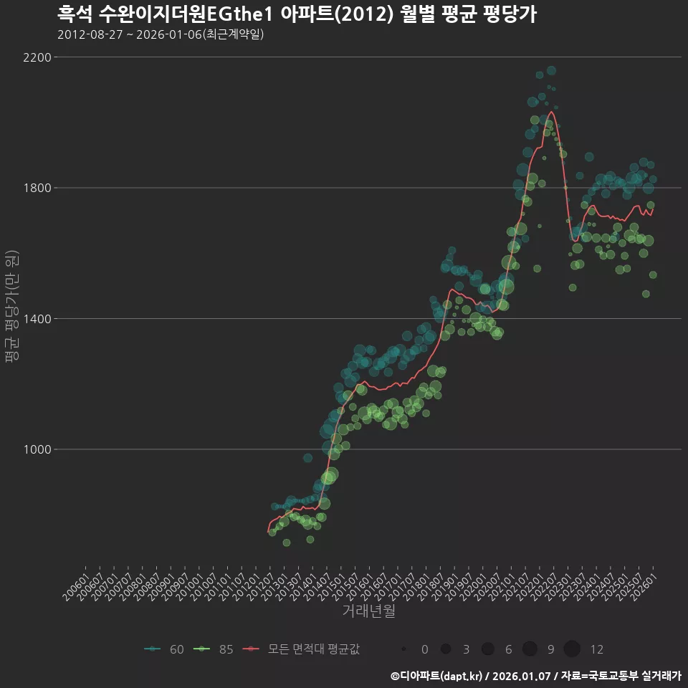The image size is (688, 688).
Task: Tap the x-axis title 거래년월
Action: click(368, 611)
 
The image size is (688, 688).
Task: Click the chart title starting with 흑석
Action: click(297, 14)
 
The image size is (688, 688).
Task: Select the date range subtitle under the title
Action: click(161, 34)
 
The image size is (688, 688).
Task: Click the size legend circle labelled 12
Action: click(572, 649)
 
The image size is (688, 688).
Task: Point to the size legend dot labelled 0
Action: click(404, 649)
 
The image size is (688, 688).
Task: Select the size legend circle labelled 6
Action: click(488, 649)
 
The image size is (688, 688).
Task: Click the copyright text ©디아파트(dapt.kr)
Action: click(435, 676)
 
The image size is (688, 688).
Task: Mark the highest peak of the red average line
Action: click(551, 112)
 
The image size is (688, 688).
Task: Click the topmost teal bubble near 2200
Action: click(551, 71)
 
